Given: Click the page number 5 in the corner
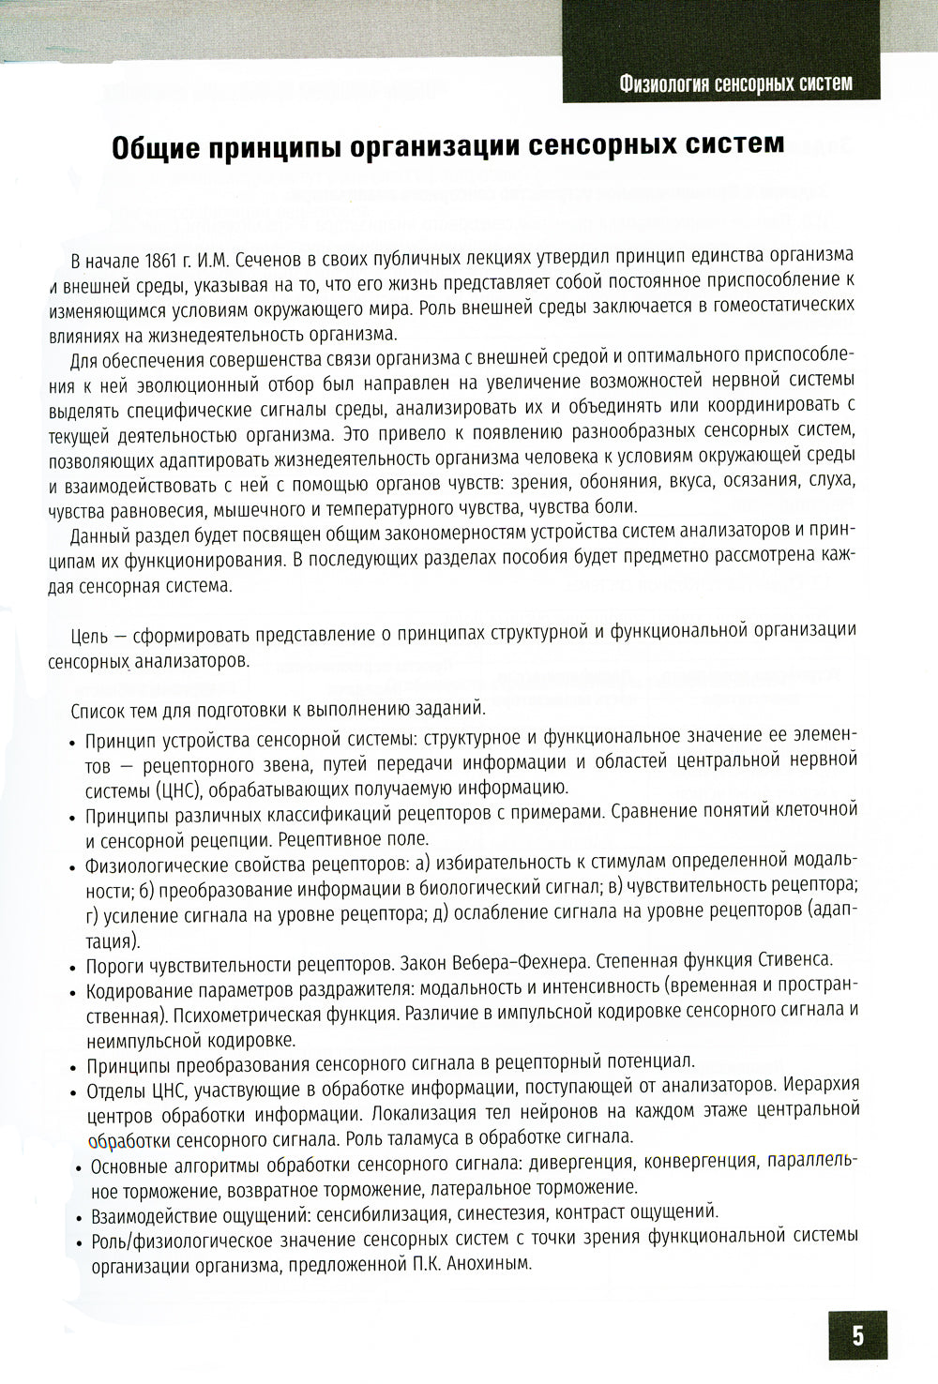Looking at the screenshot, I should pyautogui.click(x=857, y=1335).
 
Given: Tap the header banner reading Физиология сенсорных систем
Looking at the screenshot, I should pyautogui.click(x=735, y=83).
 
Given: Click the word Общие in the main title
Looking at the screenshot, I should pyautogui.click(x=153, y=148).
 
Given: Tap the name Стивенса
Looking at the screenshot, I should pyautogui.click(x=794, y=962).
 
